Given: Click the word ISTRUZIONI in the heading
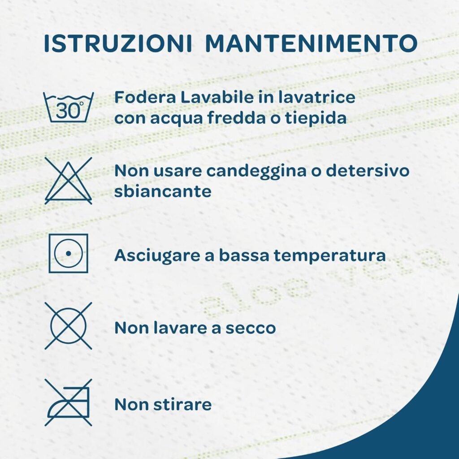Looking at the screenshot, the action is [x=118, y=43].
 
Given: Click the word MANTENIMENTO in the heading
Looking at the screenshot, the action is [x=311, y=43].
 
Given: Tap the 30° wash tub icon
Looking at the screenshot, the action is [x=69, y=107].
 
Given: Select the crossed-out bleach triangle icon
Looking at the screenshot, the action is [x=68, y=181].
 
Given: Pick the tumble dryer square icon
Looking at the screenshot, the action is [x=69, y=253].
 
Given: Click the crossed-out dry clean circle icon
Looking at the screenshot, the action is [x=68, y=326].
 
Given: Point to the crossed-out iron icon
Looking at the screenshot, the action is [x=68, y=403].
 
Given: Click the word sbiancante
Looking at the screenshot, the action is [x=163, y=191].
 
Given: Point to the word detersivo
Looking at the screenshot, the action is [x=368, y=170].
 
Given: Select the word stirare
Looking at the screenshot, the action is [x=182, y=405].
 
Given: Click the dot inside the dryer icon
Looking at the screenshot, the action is [x=68, y=254].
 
